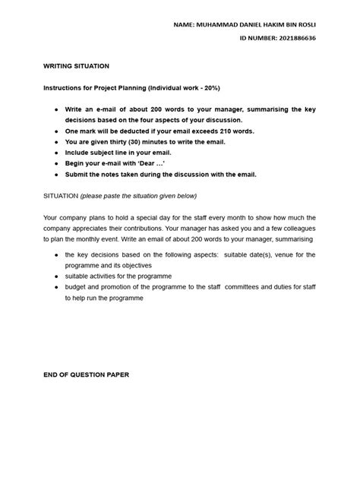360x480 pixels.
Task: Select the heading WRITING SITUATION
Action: (x=76, y=67)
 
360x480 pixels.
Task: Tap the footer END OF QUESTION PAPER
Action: (x=86, y=375)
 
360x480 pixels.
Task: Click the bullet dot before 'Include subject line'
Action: (x=56, y=152)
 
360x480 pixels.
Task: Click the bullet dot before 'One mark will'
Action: (x=56, y=131)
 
